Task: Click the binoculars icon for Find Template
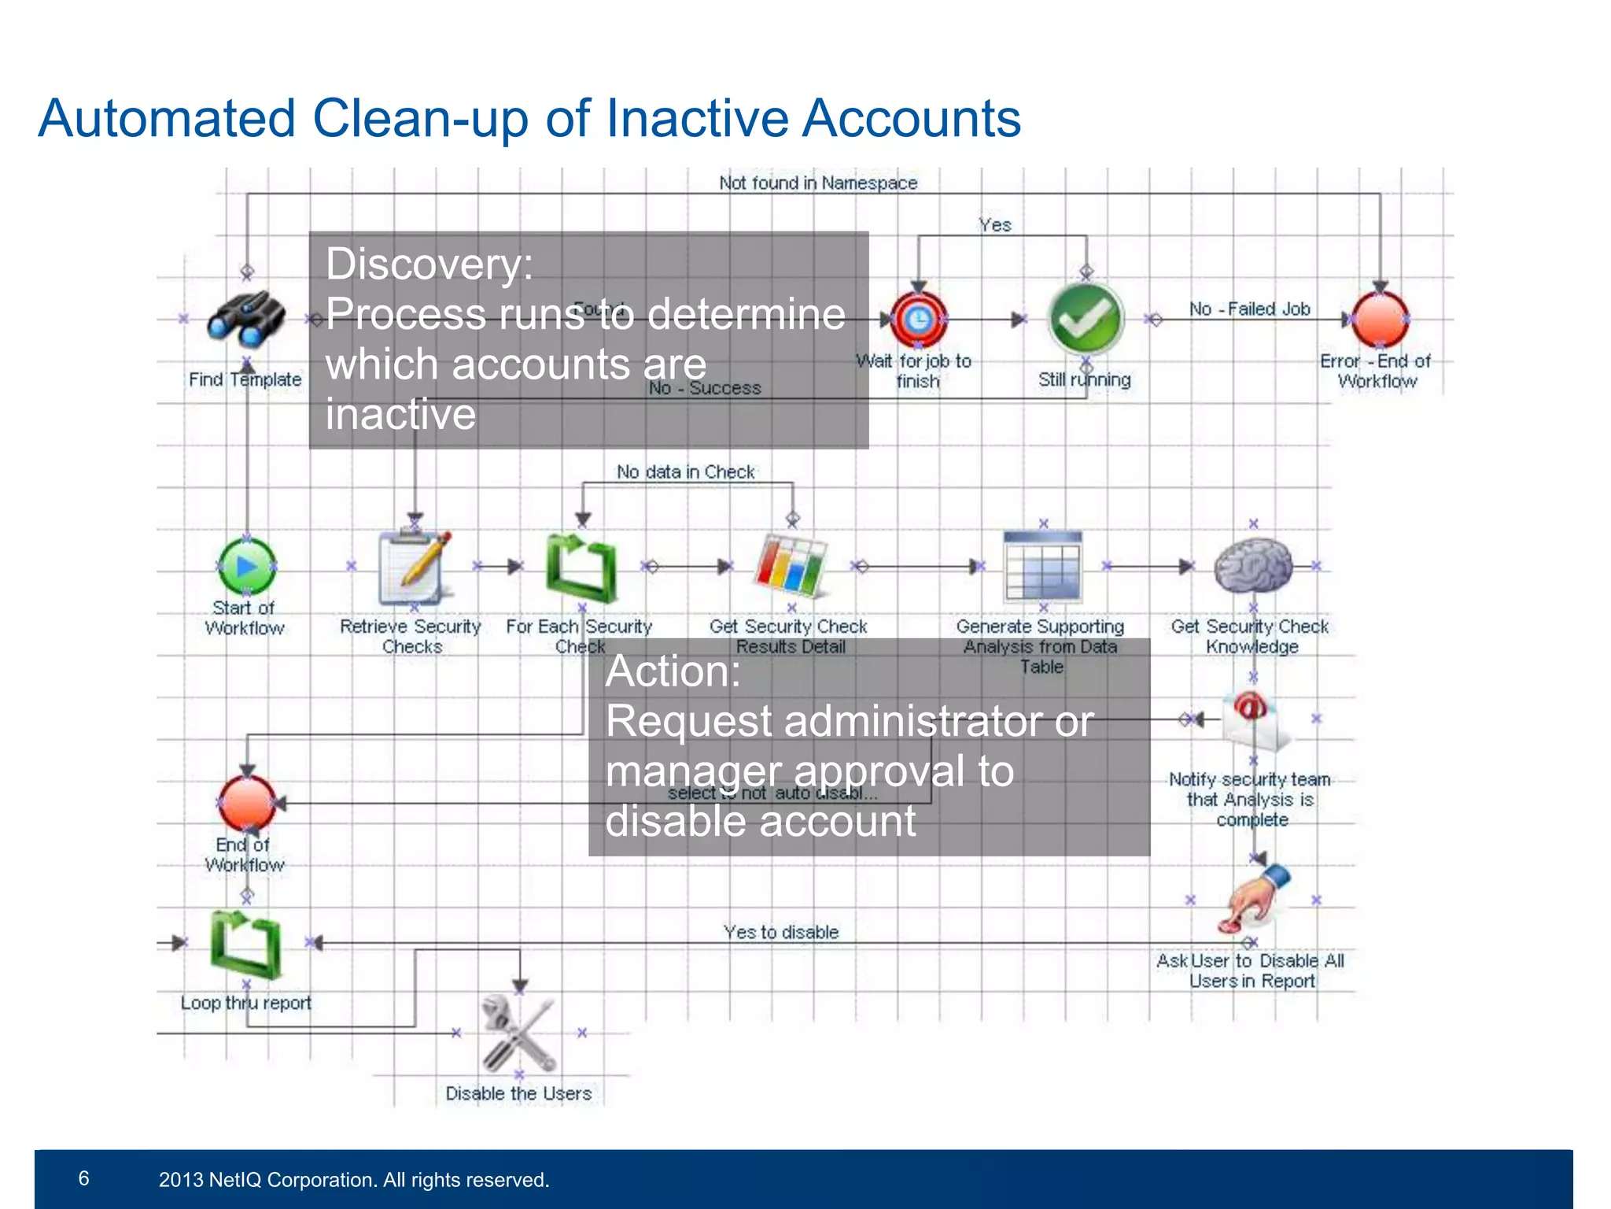click(246, 319)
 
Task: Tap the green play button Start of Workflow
click(246, 566)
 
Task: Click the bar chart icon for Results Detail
click(791, 565)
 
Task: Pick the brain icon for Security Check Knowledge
click(1252, 565)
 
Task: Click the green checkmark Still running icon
click(1086, 319)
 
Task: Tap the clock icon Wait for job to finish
click(917, 319)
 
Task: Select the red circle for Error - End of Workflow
click(1379, 319)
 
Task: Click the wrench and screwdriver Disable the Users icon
click(519, 1033)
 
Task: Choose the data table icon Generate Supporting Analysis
click(1043, 565)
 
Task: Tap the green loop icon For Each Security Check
click(581, 568)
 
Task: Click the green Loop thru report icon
click(245, 943)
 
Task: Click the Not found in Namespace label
click(818, 183)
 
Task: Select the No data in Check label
click(685, 472)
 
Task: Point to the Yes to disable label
click(781, 933)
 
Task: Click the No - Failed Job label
click(1249, 309)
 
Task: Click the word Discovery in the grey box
click(429, 264)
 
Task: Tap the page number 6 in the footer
click(84, 1178)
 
